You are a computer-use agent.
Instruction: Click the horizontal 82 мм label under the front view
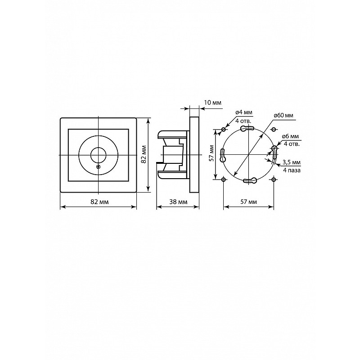(99, 202)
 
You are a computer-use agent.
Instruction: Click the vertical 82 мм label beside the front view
(144, 154)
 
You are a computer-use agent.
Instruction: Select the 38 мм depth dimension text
(178, 202)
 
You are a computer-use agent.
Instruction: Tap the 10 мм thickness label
(212, 103)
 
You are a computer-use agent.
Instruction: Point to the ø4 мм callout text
(244, 112)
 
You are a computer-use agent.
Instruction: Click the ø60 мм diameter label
(283, 116)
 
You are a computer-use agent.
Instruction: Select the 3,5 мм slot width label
(292, 162)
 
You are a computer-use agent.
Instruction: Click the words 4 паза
(292, 171)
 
